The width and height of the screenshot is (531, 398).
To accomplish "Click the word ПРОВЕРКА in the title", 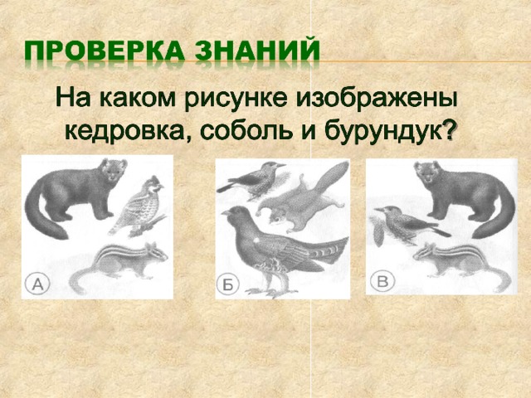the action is (x=105, y=51).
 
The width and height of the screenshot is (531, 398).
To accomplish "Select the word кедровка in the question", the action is (x=129, y=132).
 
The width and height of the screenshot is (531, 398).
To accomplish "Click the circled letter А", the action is (x=37, y=284).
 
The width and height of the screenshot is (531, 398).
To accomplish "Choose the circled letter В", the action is (x=382, y=281).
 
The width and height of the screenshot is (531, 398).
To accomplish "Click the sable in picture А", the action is (x=76, y=197).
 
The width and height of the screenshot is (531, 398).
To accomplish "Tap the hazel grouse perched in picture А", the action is (x=139, y=206).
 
